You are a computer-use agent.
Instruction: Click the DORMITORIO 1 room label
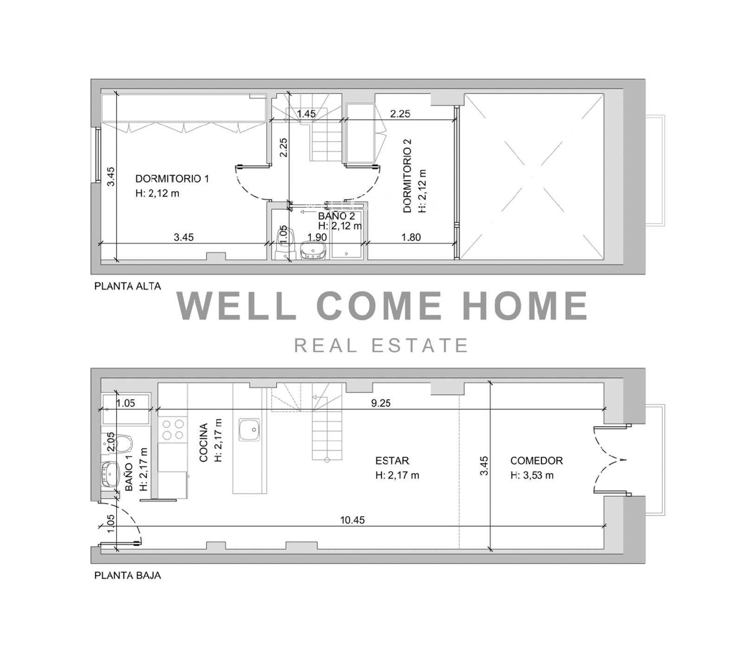[172, 179]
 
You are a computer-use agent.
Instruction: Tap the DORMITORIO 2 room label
[408, 176]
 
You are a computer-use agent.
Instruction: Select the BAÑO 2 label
[337, 216]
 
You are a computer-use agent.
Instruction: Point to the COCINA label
[203, 443]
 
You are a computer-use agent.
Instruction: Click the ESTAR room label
[392, 461]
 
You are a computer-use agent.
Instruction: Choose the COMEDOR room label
[537, 461]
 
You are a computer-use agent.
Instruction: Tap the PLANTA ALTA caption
[128, 286]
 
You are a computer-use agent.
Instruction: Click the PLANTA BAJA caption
[128, 576]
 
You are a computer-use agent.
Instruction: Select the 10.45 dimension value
[352, 520]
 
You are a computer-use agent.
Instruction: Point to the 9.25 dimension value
[381, 403]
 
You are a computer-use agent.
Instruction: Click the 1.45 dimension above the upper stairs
[306, 114]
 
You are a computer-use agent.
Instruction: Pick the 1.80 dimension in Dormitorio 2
[411, 237]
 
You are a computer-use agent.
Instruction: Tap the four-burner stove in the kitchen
[173, 429]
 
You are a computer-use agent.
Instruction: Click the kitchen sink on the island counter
[249, 430]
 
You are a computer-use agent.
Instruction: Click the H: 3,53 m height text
[532, 475]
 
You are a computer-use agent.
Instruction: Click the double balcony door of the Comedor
[610, 460]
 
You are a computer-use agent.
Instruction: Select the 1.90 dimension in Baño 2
[317, 237]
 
